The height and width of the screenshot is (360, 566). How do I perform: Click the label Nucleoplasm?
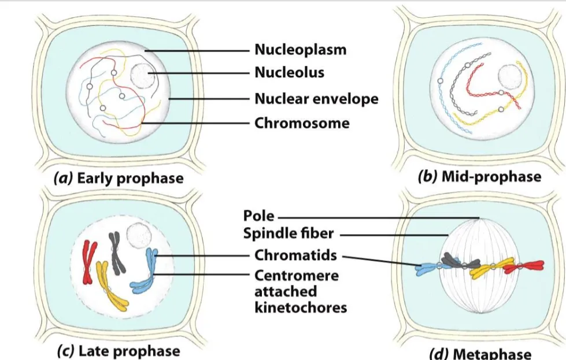tap(300, 50)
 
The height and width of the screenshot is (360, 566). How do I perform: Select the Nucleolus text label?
tap(289, 72)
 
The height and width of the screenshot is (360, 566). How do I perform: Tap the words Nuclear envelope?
tap(316, 99)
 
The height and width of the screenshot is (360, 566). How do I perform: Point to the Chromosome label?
tap(302, 123)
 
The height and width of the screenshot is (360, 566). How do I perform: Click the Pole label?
tap(258, 216)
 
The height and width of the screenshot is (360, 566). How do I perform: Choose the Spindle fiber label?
tap(288, 234)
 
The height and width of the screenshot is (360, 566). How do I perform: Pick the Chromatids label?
tap(295, 255)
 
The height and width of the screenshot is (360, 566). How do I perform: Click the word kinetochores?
tap(301, 307)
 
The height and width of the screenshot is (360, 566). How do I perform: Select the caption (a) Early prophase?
tap(119, 178)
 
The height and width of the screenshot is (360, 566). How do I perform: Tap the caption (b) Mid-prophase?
tap(479, 177)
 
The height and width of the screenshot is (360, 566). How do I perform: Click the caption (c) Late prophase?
tap(119, 351)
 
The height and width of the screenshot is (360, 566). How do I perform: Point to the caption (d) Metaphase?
tap(480, 354)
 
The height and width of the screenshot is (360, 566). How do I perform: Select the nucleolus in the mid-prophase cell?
tap(510, 77)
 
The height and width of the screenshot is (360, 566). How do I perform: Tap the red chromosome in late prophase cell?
tap(89, 262)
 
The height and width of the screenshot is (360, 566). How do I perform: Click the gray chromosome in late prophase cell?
tap(116, 253)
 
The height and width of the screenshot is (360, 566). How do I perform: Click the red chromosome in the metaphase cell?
tap(524, 266)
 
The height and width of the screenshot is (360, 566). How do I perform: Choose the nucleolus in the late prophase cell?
tap(139, 235)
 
